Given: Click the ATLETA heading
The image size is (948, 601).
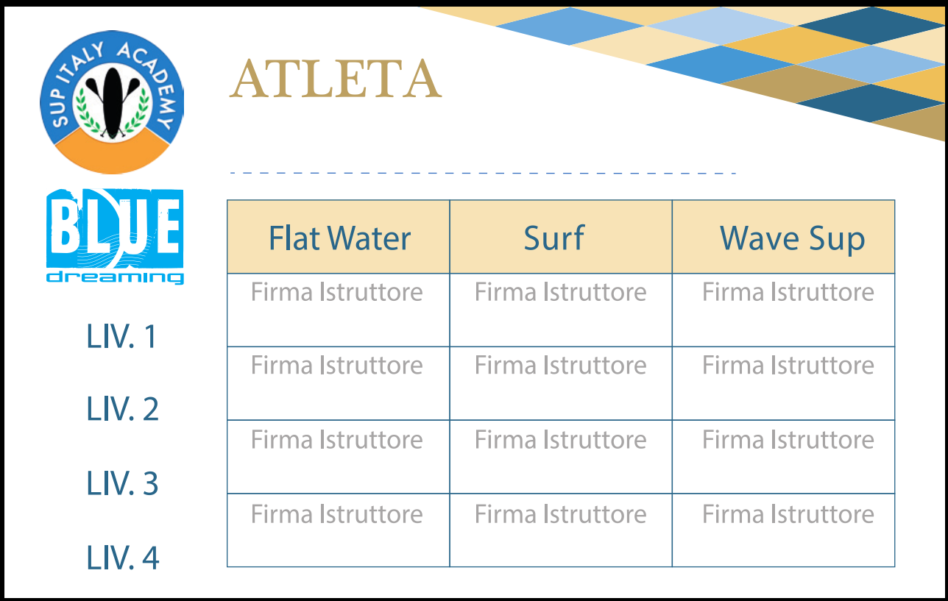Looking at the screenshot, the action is (x=336, y=79).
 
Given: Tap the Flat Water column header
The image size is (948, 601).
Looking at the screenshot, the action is (x=338, y=237).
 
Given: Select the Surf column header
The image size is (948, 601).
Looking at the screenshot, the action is (x=561, y=237).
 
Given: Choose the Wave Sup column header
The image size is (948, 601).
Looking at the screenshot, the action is (x=783, y=237).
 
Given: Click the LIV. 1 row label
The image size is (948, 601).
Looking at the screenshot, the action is (x=122, y=337).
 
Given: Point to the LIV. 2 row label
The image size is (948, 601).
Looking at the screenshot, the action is (x=123, y=409).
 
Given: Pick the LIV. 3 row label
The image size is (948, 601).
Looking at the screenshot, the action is (x=123, y=483).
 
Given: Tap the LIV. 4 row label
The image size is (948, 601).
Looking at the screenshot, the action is (x=123, y=558).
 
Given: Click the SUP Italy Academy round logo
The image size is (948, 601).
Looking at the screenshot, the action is (x=112, y=102).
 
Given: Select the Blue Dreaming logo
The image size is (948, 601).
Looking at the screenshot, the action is (x=115, y=236).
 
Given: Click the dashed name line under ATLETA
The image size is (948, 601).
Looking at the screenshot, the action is (x=483, y=173).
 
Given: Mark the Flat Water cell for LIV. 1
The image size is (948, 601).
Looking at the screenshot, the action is (x=338, y=310).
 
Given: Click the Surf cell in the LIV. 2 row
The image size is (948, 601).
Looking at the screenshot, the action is (x=561, y=383).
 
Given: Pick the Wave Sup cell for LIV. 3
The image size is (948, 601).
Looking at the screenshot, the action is (x=783, y=457).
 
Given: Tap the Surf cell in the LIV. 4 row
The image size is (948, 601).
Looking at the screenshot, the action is (x=561, y=530).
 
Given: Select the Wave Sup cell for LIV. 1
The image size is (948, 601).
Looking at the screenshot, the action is (x=783, y=310).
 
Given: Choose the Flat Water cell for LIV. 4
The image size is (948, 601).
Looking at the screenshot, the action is (x=338, y=530).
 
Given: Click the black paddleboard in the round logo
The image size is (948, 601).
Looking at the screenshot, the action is (x=113, y=103).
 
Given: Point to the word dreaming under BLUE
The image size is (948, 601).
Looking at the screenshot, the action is (x=115, y=277).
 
